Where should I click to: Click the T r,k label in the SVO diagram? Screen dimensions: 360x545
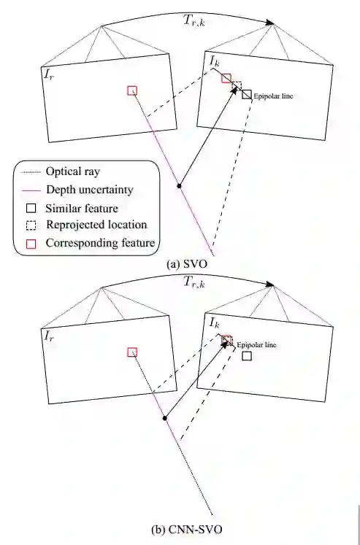coord(194,20)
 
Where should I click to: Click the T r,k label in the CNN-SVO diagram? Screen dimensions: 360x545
coord(194,282)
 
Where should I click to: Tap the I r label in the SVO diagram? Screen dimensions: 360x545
coord(49,74)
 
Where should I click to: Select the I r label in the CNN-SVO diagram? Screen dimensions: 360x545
coord(49,336)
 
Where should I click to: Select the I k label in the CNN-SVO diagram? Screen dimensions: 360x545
coord(214,322)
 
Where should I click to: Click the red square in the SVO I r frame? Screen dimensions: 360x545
coord(132,90)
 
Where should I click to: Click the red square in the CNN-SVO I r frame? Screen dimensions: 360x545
coord(132,352)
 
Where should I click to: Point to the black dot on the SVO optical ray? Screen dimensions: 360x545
coord(179,186)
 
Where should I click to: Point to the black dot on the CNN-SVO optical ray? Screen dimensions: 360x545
coord(165,418)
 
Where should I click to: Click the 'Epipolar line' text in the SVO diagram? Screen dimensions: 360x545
coord(273,96)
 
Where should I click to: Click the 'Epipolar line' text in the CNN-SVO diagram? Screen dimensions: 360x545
coord(256,345)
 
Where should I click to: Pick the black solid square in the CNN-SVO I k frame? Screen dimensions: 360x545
coord(247,356)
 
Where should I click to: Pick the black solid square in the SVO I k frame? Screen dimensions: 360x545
coord(247,95)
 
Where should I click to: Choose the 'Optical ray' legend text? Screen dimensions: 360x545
coord(73,171)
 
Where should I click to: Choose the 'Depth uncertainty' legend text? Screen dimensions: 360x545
coord(90,190)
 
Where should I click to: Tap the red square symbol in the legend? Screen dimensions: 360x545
coord(31,244)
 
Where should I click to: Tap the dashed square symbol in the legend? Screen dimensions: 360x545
coord(31,225)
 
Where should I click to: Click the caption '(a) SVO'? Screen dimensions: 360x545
coord(187,265)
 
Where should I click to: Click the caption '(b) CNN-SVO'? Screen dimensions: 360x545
coord(187,530)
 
